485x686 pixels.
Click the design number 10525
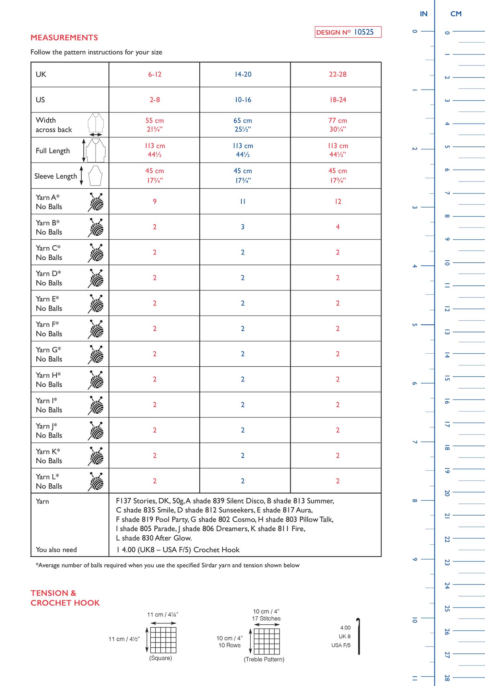point(364,32)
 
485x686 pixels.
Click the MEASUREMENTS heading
point(64,38)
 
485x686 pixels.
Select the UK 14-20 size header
point(243,74)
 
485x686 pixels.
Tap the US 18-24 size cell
point(338,100)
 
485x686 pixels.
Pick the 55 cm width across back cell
point(154,125)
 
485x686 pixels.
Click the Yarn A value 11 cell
point(243,201)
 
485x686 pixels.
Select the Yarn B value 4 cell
point(338,227)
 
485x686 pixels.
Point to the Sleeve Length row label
point(56,176)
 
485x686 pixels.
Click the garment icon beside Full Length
point(95,150)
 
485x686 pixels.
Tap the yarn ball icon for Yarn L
point(96,481)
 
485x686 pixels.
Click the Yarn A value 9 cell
point(155,201)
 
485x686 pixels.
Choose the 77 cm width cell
point(338,125)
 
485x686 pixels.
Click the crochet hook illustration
point(358,636)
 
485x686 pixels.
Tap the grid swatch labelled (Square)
point(163,640)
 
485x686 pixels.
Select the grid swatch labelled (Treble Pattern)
point(267,641)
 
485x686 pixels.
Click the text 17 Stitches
point(266,618)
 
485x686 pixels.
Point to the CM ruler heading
point(456,14)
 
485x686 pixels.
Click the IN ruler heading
point(424,14)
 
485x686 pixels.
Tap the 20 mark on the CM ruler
point(447,493)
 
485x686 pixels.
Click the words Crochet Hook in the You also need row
point(216,550)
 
